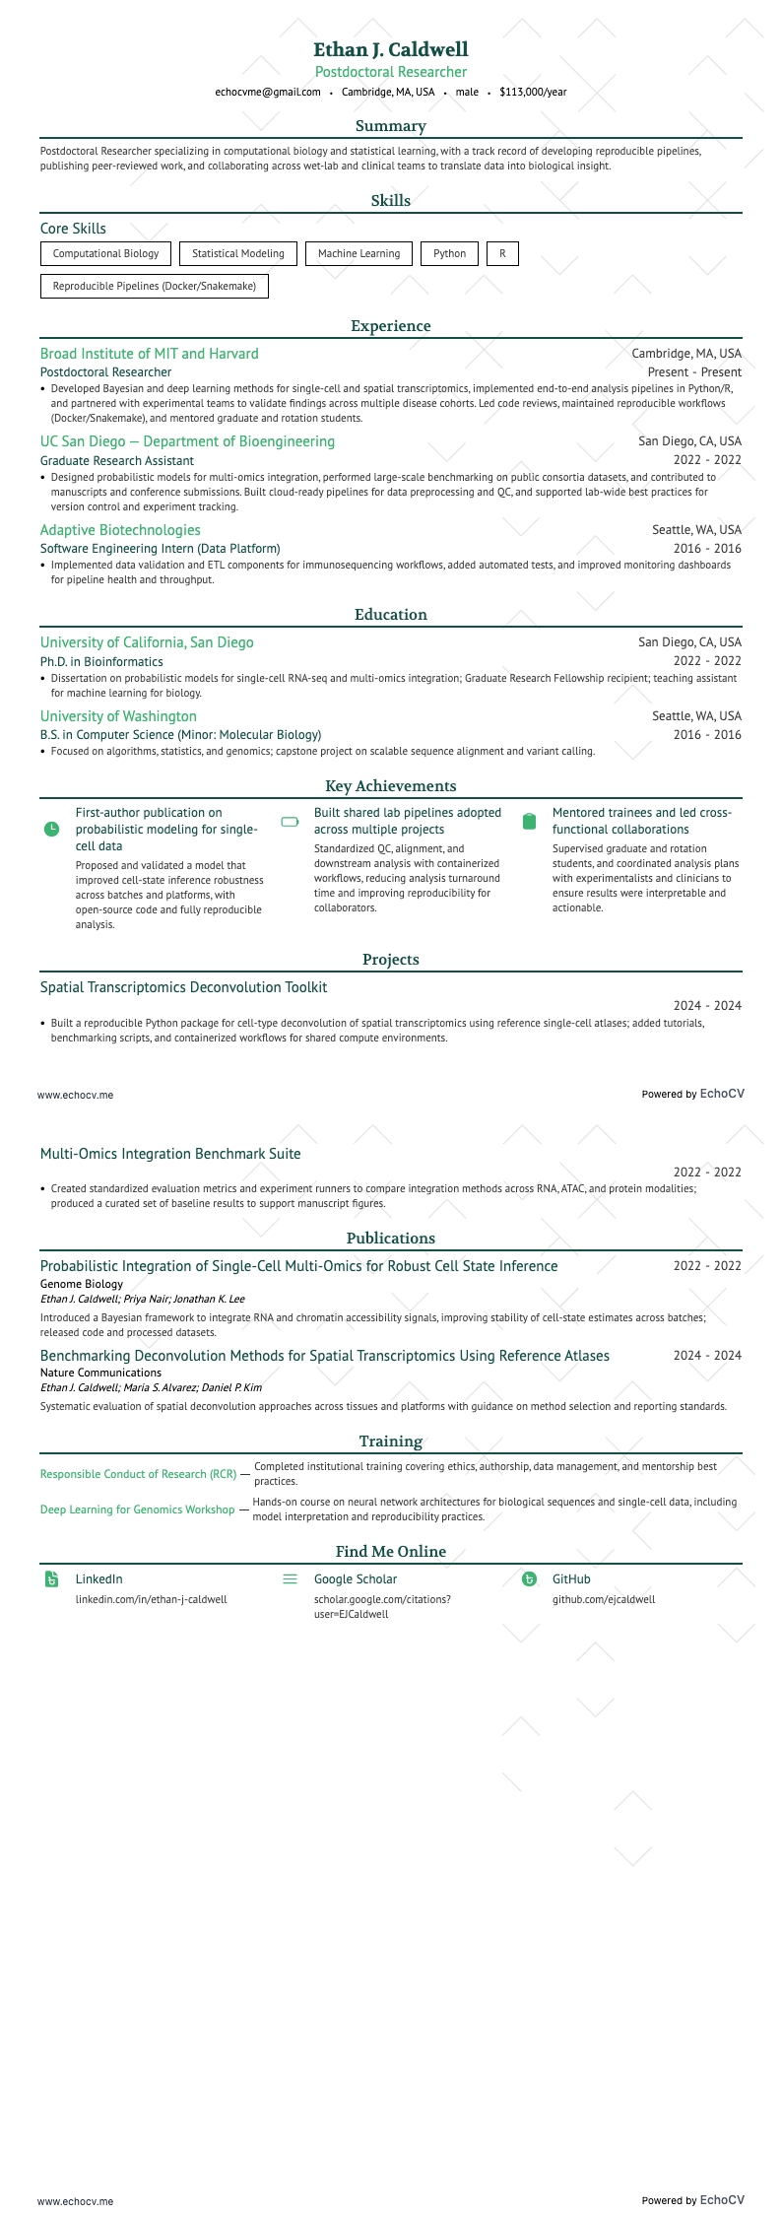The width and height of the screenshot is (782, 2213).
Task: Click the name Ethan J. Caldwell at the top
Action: click(391, 49)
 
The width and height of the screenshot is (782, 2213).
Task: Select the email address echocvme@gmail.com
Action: click(268, 92)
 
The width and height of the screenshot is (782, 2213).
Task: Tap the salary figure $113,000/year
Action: click(533, 92)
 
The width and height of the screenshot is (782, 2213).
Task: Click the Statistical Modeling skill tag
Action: click(238, 253)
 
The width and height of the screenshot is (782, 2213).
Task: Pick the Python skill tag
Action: click(449, 253)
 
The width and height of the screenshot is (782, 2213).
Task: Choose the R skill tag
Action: click(502, 253)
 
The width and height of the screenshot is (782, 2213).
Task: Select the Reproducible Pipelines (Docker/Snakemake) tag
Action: click(155, 286)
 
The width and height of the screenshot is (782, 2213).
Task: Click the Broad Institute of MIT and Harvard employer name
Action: click(150, 354)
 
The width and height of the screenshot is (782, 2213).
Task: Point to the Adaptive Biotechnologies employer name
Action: click(120, 530)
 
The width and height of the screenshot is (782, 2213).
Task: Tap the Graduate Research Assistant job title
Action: click(117, 460)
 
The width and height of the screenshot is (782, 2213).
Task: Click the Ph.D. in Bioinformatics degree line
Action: click(101, 661)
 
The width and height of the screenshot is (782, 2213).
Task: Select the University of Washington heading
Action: click(118, 716)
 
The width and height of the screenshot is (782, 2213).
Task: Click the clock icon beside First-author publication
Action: click(52, 830)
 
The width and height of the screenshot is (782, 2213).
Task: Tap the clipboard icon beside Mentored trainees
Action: click(529, 821)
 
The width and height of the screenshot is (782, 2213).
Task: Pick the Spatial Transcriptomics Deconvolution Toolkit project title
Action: click(184, 987)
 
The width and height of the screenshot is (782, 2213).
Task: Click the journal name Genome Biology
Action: click(82, 1284)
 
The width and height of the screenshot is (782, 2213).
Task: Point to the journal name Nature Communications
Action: click(100, 1373)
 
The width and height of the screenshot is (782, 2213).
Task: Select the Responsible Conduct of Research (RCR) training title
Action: click(138, 1474)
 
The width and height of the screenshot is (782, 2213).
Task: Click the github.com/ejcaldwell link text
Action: click(604, 1599)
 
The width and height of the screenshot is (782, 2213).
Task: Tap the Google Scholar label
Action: click(356, 1579)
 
